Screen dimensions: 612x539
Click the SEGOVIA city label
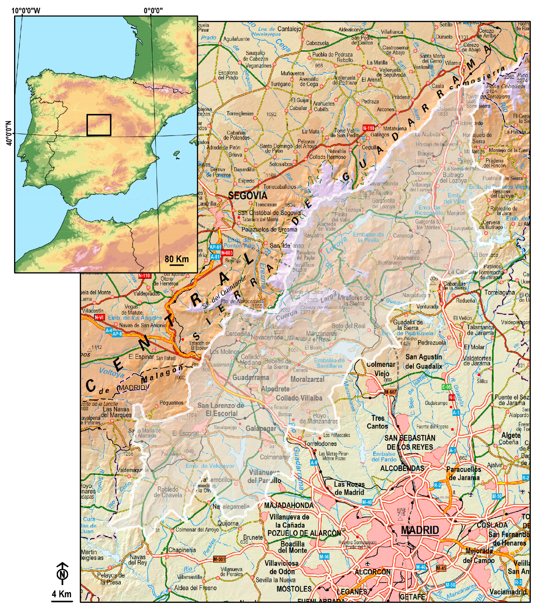click(x=247, y=196)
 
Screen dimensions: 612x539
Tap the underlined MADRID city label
click(x=420, y=530)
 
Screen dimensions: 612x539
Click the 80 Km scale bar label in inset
click(x=176, y=259)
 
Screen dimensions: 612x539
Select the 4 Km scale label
click(x=62, y=594)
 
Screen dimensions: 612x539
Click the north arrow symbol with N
click(x=62, y=573)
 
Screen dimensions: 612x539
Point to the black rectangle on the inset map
click(x=99, y=125)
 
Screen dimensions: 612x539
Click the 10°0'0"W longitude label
click(x=26, y=11)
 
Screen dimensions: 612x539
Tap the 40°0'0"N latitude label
click(x=9, y=133)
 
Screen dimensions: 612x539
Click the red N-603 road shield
click(x=227, y=253)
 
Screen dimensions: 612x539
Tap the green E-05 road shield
click(x=446, y=387)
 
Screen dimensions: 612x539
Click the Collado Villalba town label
click(x=299, y=398)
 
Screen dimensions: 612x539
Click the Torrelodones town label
click(x=320, y=443)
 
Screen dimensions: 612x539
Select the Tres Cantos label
click(x=378, y=422)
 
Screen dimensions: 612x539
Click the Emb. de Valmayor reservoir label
click(x=210, y=466)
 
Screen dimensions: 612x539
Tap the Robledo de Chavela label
click(x=168, y=492)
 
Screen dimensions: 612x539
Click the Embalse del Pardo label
click(x=384, y=457)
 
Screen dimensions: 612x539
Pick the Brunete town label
click(x=253, y=537)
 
